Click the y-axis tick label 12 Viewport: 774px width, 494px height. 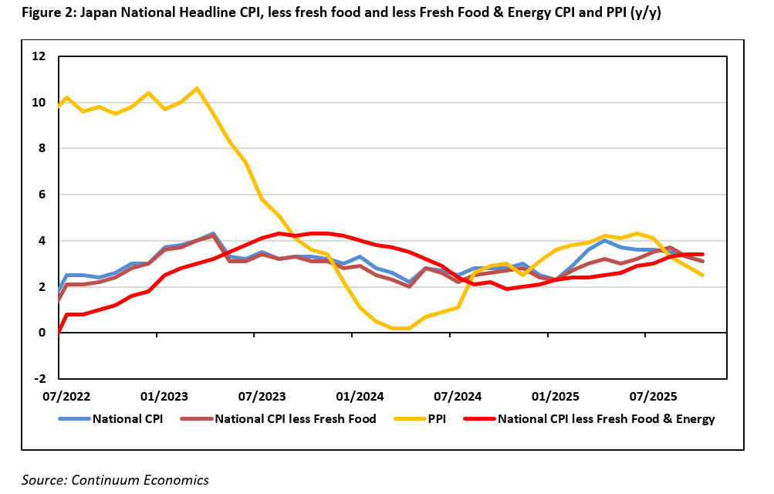(39, 56)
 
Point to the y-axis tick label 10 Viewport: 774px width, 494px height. (39, 103)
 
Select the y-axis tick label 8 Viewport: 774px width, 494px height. (42, 148)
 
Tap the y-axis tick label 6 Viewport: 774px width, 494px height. (42, 195)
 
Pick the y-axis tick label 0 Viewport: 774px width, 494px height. (42, 333)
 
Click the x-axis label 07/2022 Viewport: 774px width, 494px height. (66, 397)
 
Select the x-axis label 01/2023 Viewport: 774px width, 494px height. (164, 397)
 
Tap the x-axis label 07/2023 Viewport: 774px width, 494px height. (262, 397)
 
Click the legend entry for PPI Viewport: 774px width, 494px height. (440, 419)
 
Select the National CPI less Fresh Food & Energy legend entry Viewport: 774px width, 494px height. (606, 419)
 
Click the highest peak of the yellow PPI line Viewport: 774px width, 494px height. (197, 88)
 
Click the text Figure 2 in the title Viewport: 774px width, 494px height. (46, 12)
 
